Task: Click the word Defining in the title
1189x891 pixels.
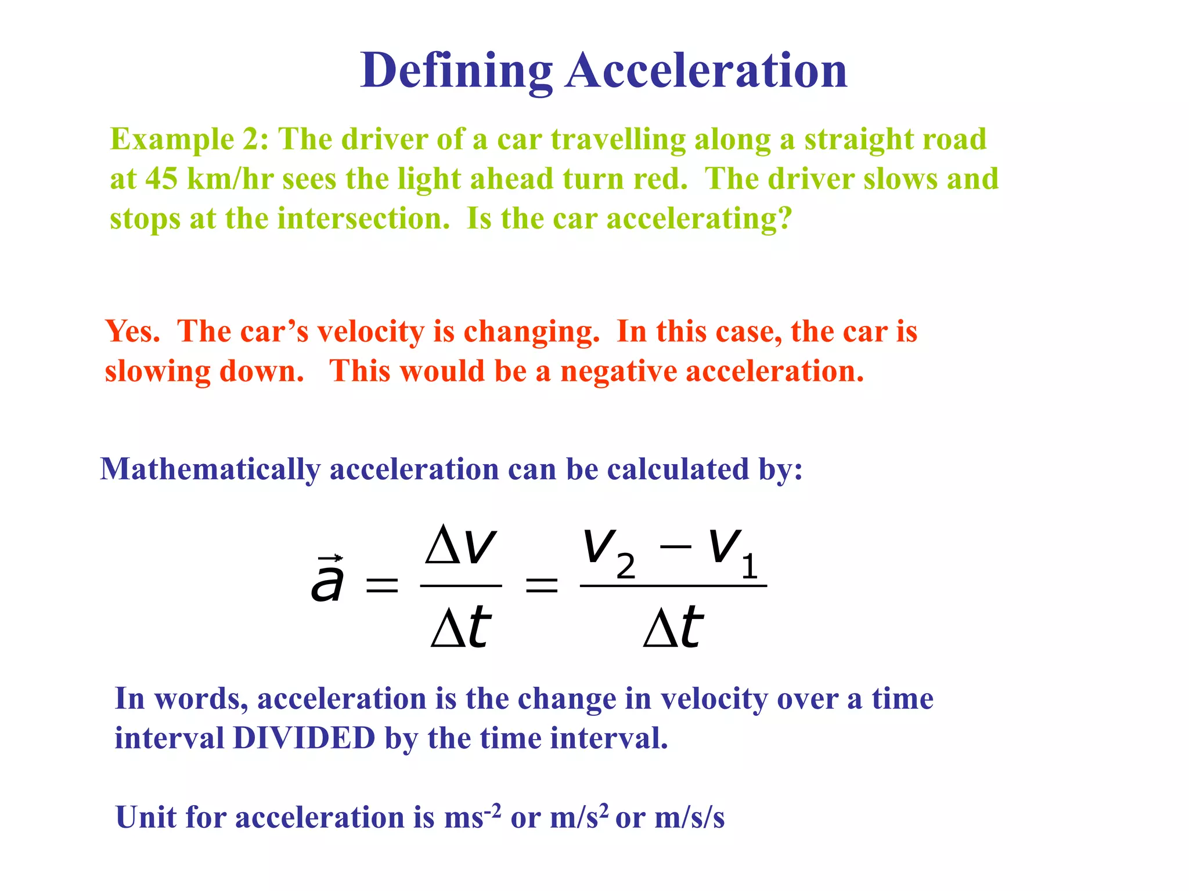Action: tap(456, 71)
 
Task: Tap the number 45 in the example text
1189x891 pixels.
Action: tap(161, 179)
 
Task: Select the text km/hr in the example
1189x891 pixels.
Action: tap(230, 179)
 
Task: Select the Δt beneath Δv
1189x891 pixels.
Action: tap(461, 628)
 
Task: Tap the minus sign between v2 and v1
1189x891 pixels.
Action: tap(676, 546)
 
